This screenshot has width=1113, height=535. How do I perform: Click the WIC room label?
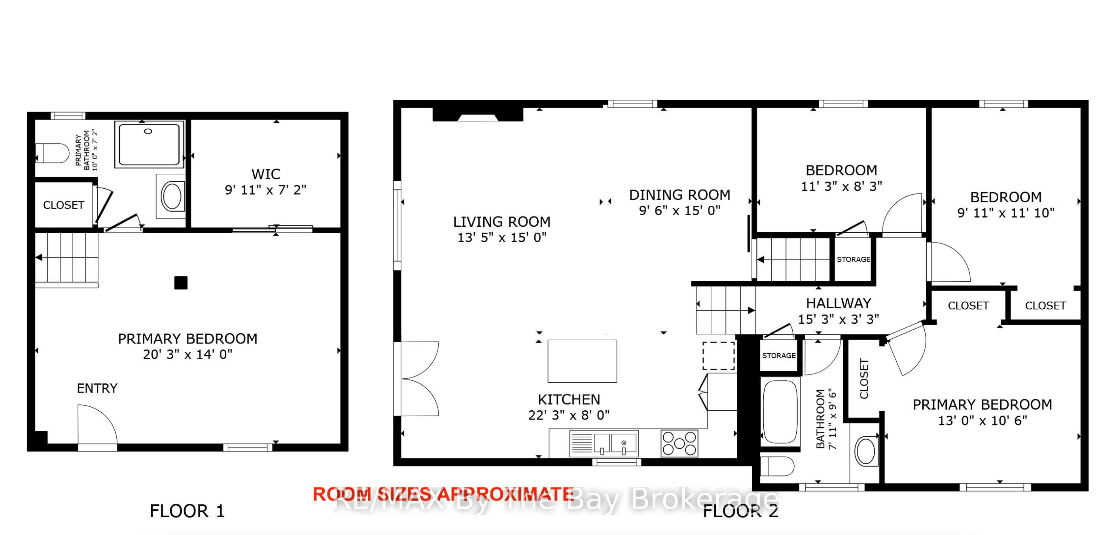pyautogui.click(x=266, y=174)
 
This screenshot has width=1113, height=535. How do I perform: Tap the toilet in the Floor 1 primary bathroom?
pyautogui.click(x=52, y=153)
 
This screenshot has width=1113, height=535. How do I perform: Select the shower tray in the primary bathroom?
pyautogui.click(x=149, y=144)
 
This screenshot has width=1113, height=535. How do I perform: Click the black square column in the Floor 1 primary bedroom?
pyautogui.click(x=181, y=283)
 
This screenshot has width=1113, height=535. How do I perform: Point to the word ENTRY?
pyautogui.click(x=97, y=389)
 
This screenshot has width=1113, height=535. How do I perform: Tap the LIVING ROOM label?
pyautogui.click(x=502, y=222)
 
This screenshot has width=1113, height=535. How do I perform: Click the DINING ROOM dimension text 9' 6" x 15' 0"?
pyautogui.click(x=680, y=211)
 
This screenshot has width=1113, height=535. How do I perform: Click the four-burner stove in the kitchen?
pyautogui.click(x=679, y=443)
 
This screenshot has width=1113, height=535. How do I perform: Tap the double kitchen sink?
pyautogui.click(x=604, y=443)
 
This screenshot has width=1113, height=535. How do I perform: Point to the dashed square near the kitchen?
pyautogui.click(x=719, y=356)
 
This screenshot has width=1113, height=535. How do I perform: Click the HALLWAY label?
pyautogui.click(x=839, y=304)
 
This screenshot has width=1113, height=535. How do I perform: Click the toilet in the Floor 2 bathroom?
pyautogui.click(x=777, y=466)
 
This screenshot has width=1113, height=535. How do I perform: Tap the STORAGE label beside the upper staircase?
pyautogui.click(x=853, y=259)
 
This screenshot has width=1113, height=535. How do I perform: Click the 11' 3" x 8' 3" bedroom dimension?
pyautogui.click(x=842, y=186)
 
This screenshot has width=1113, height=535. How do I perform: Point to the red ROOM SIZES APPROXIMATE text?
pyautogui.click(x=443, y=494)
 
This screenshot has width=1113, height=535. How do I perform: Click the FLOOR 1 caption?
pyautogui.click(x=187, y=511)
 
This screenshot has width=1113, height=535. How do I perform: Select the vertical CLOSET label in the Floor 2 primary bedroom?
pyautogui.click(x=864, y=379)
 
